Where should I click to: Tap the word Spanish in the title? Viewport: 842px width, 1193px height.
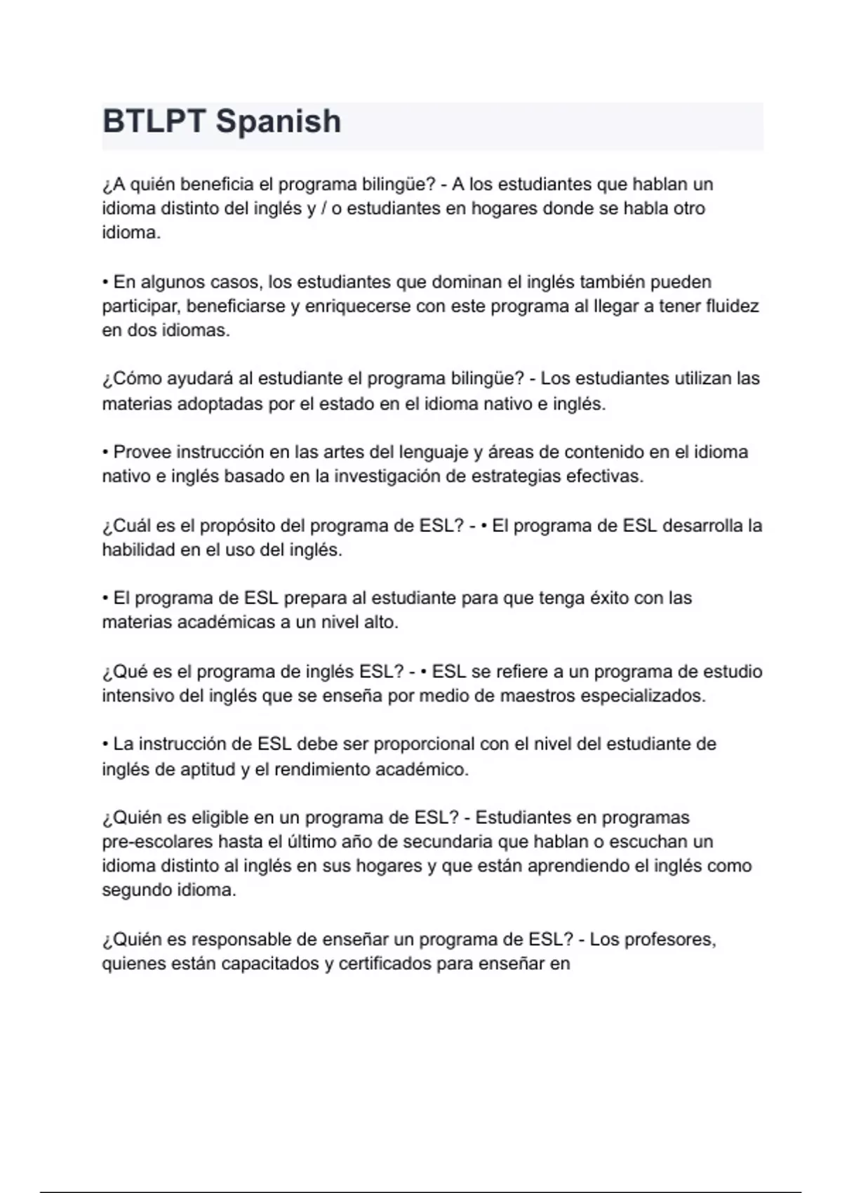click(279, 121)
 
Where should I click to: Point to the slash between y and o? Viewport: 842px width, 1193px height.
click(323, 209)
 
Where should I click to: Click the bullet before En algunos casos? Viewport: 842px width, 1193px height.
click(105, 282)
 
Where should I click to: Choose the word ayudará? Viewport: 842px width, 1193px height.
click(201, 379)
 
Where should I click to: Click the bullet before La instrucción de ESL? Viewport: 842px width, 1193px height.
click(105, 744)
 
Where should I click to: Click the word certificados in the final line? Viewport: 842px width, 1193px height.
click(385, 964)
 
